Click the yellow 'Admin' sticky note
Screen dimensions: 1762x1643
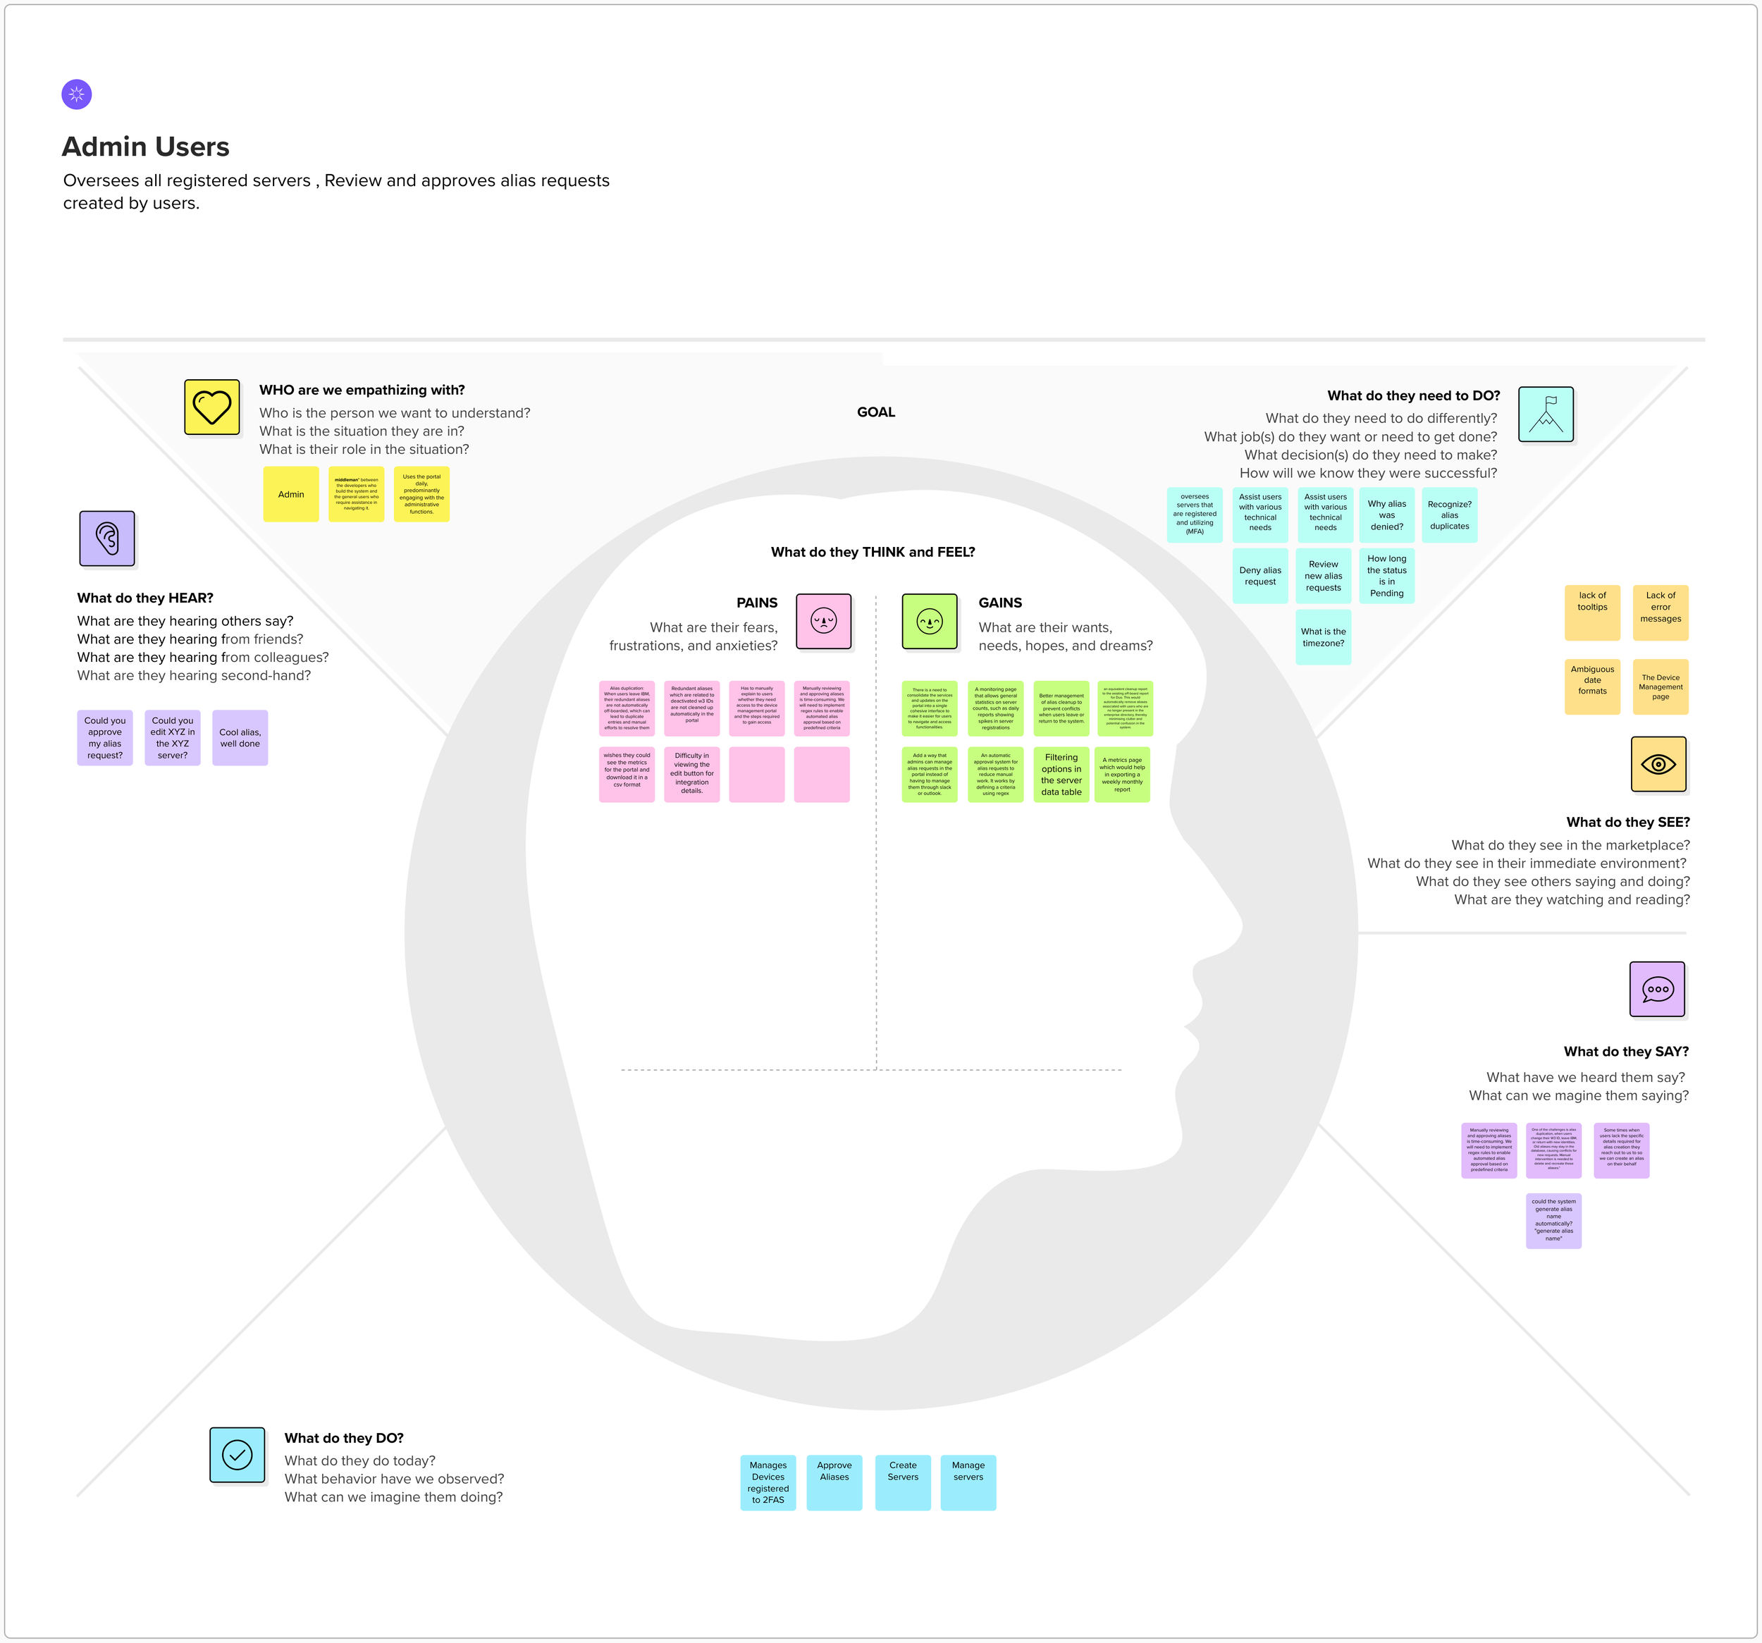click(290, 495)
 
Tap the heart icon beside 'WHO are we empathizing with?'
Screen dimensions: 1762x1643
click(212, 407)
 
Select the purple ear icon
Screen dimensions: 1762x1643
click(107, 539)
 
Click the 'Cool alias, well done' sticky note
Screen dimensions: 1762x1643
click(240, 738)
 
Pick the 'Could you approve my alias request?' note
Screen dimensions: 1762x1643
click(104, 738)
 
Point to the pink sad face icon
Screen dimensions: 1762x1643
click(823, 621)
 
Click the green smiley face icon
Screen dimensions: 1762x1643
click(929, 621)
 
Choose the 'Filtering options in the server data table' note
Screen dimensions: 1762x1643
click(1061, 775)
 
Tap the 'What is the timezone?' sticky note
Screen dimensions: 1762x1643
click(1324, 637)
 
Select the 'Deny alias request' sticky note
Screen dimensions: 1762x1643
click(1260, 576)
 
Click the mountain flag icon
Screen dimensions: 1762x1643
click(1546, 414)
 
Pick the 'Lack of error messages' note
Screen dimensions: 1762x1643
click(1660, 613)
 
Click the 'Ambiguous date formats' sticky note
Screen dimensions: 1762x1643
click(1592, 686)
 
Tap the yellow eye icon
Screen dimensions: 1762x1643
click(1658, 764)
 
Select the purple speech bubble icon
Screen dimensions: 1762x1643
click(1656, 989)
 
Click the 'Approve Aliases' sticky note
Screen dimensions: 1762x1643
click(834, 1482)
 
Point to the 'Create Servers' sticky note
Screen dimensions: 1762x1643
click(903, 1482)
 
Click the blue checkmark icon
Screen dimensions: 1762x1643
click(238, 1454)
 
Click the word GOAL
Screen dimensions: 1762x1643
click(875, 412)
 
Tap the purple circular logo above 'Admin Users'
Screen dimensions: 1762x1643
click(77, 94)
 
